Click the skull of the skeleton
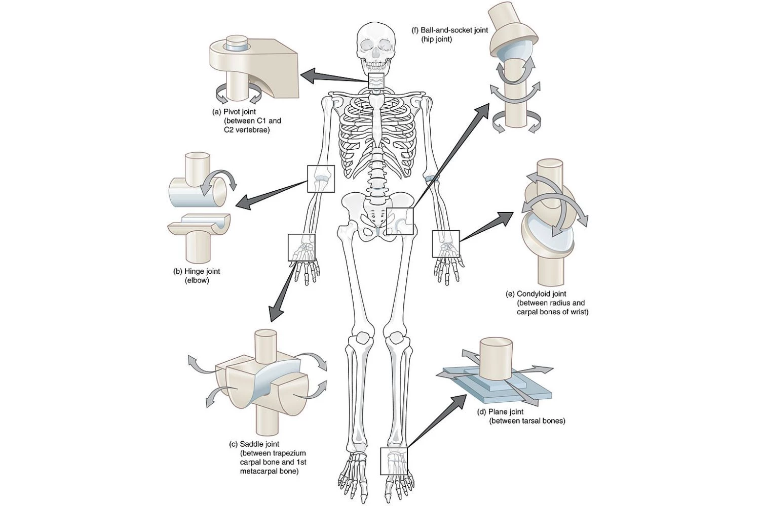(375, 48)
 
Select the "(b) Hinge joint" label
(197, 271)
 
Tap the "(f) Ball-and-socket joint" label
(450, 30)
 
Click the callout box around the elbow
(321, 179)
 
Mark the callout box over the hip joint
(400, 222)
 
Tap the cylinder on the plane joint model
(496, 359)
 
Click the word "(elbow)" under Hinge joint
(197, 280)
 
